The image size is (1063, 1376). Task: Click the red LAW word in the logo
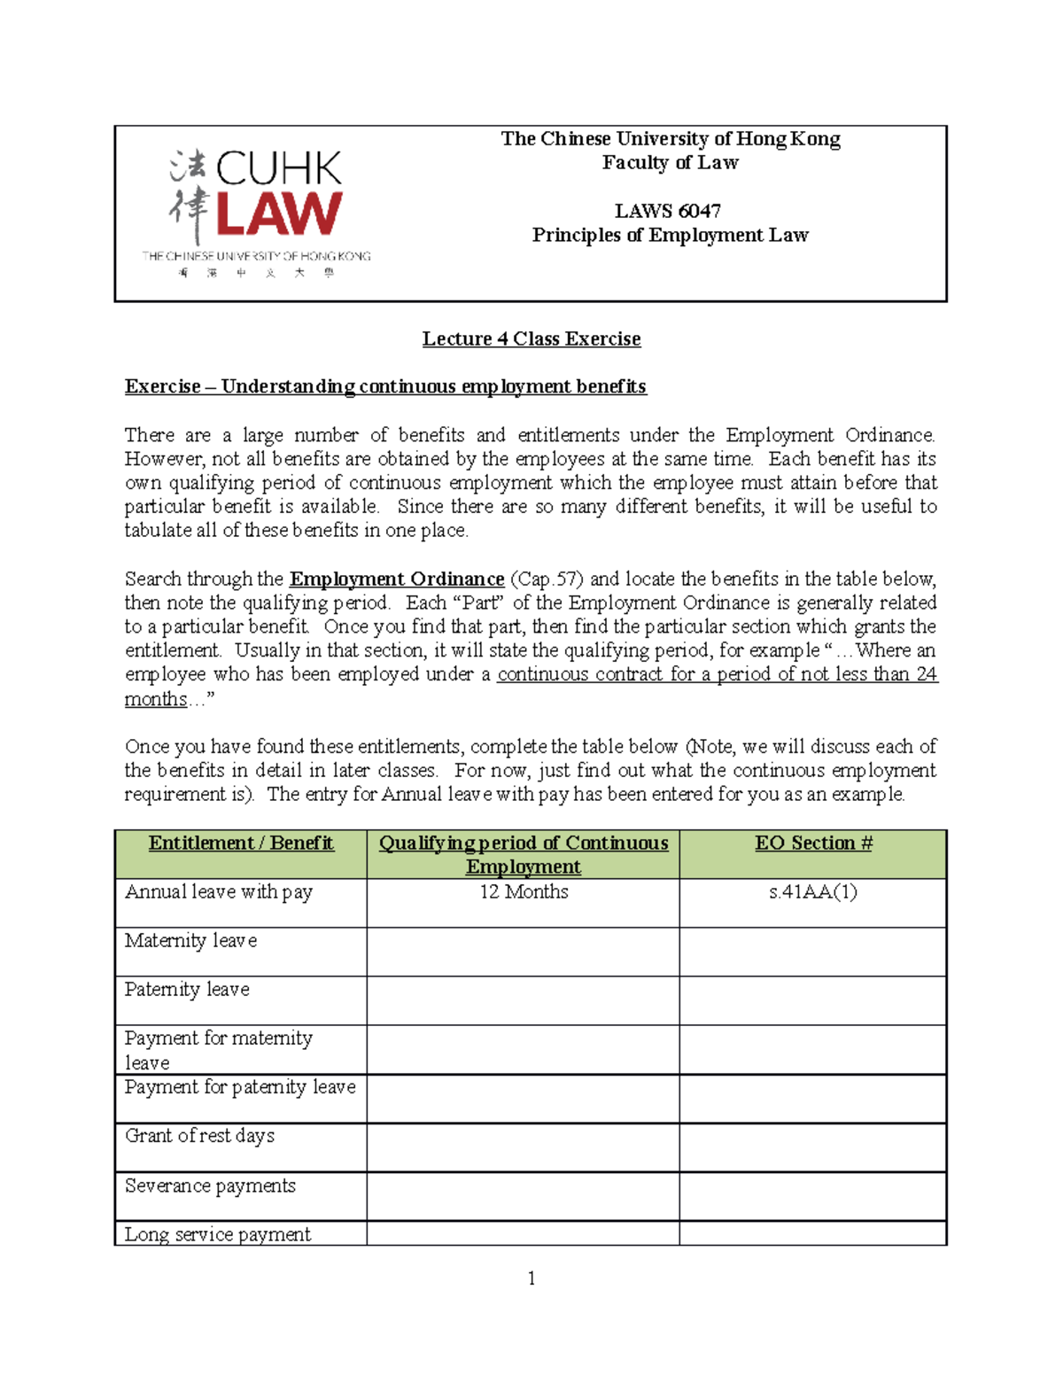[278, 214]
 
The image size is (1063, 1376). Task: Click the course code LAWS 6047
[668, 211]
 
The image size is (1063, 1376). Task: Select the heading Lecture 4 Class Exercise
[531, 338]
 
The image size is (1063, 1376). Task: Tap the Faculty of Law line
[670, 163]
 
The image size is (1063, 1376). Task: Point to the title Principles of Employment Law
[670, 235]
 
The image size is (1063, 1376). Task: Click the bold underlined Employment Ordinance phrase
[397, 579]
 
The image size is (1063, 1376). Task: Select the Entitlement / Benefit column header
[241, 843]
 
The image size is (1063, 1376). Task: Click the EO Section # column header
[813, 843]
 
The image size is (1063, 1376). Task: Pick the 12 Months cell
[524, 892]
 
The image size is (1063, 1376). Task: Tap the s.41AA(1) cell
[813, 892]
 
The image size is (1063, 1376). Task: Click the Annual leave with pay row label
[219, 892]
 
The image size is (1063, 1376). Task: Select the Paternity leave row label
[187, 990]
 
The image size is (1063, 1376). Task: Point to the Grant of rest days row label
[199, 1136]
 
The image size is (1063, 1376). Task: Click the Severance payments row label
[210, 1186]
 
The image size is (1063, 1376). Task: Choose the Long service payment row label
[218, 1234]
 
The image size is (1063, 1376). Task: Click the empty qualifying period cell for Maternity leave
[524, 952]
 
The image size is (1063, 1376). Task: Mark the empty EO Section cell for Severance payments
[813, 1196]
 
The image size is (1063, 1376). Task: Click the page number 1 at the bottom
[531, 1278]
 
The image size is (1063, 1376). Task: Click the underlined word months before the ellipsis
[156, 699]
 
